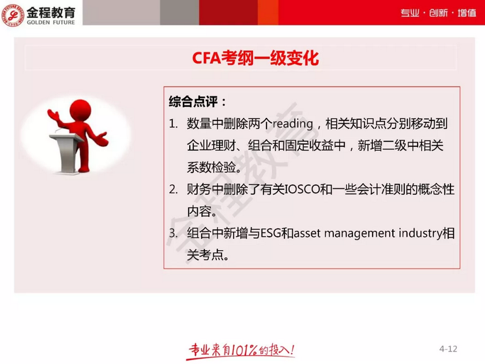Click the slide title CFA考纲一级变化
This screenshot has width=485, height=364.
255,59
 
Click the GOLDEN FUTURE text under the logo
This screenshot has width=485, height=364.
51,22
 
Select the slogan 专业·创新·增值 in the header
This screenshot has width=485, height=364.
438,14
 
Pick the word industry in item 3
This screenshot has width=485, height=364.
418,234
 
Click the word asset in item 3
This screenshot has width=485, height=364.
309,234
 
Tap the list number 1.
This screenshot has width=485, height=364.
173,124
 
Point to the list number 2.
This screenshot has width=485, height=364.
173,190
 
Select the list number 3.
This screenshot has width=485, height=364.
173,234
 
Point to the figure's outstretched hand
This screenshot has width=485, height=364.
103,136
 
